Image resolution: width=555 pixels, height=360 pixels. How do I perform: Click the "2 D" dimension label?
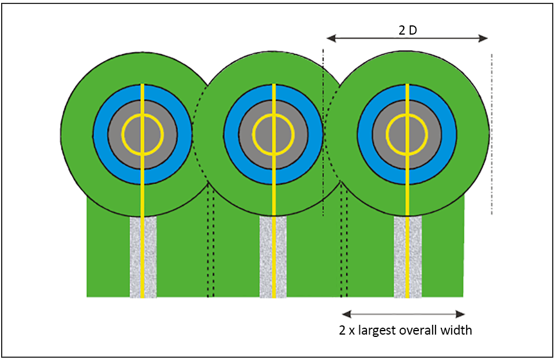point(408,31)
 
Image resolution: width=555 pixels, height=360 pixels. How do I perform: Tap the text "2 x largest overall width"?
point(405,331)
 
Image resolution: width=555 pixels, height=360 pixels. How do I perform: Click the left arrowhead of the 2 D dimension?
point(331,39)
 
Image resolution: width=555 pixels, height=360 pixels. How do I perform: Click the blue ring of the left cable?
point(100,134)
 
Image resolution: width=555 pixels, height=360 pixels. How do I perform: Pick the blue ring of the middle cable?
point(231,134)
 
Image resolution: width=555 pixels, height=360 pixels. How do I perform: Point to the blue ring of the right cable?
point(365,134)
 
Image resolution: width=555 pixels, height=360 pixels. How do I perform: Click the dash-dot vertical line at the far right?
point(492,133)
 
